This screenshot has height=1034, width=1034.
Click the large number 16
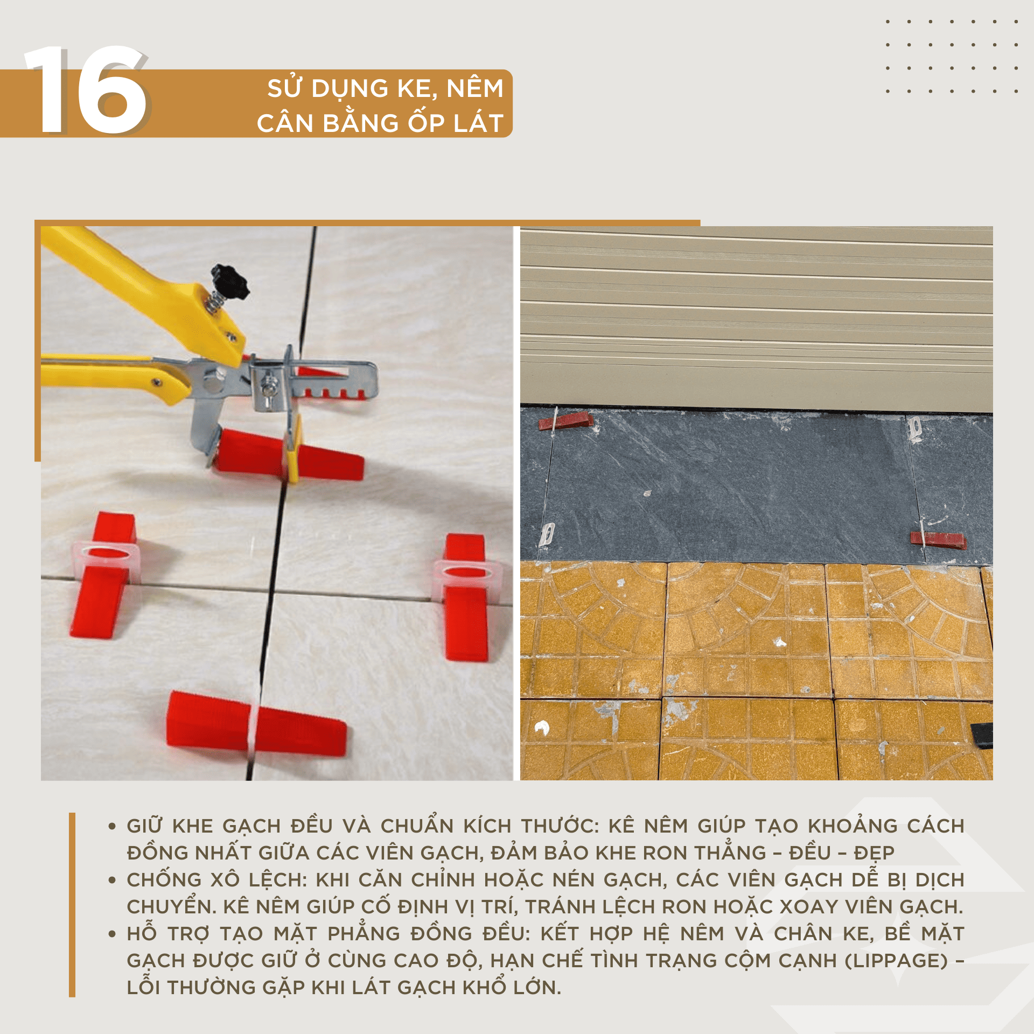click(86, 89)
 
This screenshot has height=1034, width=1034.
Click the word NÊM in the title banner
click(475, 88)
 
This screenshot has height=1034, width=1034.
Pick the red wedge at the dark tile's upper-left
click(566, 421)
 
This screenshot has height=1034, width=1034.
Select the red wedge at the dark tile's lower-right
click(938, 540)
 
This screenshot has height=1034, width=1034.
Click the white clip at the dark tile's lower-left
click(547, 534)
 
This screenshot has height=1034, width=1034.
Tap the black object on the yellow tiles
click(982, 735)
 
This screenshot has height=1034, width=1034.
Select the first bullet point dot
click(112, 826)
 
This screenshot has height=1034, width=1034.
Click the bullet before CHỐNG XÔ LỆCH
click(112, 880)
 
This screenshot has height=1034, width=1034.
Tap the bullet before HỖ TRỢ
click(112, 934)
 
